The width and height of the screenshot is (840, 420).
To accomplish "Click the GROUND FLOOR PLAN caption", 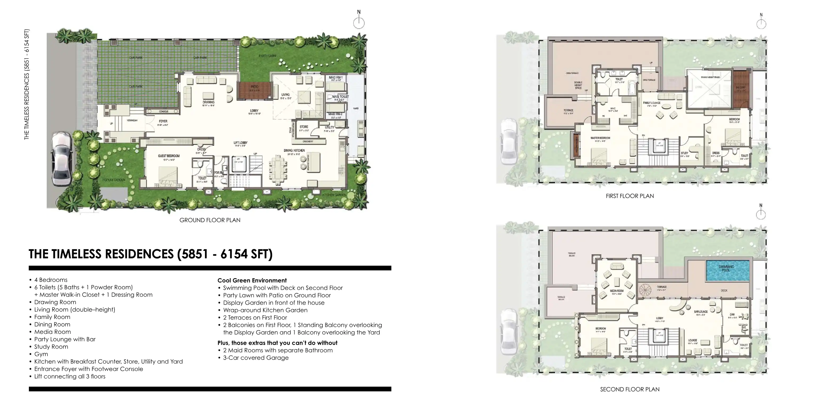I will pyautogui.click(x=210, y=220).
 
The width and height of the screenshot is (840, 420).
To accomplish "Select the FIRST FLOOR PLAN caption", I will pyautogui.click(x=630, y=196).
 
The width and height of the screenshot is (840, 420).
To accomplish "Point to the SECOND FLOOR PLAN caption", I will pyautogui.click(x=630, y=389).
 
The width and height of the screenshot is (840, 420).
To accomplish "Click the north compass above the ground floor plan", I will pyautogui.click(x=359, y=23).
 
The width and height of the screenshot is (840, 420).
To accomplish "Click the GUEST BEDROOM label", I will pyautogui.click(x=169, y=156).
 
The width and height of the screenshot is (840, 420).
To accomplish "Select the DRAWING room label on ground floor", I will pyautogui.click(x=208, y=102).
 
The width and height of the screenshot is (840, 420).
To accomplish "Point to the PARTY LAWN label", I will pyautogui.click(x=267, y=56).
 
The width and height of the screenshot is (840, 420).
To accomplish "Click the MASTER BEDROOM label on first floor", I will pyautogui.click(x=600, y=138).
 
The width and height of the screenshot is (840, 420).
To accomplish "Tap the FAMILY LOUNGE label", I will pyautogui.click(x=651, y=103).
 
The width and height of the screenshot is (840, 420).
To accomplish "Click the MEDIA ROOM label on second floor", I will pyautogui.click(x=617, y=291).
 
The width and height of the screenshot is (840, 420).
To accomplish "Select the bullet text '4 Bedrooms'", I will pyautogui.click(x=51, y=280).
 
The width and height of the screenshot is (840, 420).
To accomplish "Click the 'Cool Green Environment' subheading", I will pyautogui.click(x=252, y=281).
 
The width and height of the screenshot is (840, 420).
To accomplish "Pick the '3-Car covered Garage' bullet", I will pyautogui.click(x=256, y=358).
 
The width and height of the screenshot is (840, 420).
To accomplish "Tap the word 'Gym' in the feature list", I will pyautogui.click(x=41, y=354).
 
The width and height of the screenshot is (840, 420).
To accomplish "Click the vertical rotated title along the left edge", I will pyautogui.click(x=27, y=85).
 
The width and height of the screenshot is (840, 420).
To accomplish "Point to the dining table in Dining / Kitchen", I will pyautogui.click(x=278, y=170).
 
